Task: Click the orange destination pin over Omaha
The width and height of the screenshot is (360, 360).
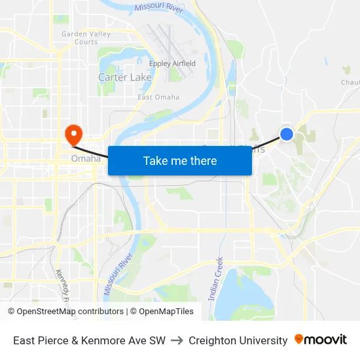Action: (73, 135)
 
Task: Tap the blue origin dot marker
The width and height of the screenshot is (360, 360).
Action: (287, 134)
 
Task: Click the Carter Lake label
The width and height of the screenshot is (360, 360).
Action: (124, 77)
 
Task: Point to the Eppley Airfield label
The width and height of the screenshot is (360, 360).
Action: (173, 63)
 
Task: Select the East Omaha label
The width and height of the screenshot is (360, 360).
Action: (158, 98)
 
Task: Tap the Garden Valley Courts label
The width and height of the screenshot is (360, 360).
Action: (79, 38)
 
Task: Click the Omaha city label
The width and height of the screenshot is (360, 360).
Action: (86, 158)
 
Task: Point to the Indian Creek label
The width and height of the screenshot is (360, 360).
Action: (215, 278)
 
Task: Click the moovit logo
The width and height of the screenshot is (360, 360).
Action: (320, 340)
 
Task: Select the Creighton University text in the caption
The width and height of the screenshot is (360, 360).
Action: (238, 340)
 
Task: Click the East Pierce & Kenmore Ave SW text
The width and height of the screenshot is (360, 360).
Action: (89, 340)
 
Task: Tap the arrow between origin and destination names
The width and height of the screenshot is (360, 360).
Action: (177, 340)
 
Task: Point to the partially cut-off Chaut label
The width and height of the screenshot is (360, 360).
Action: (350, 82)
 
